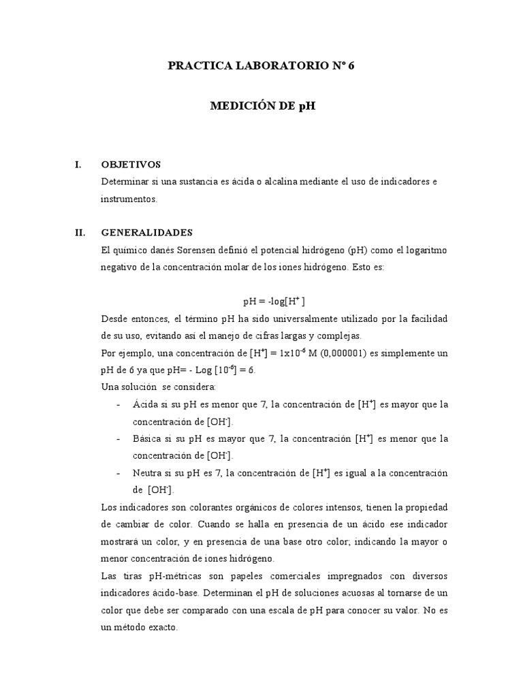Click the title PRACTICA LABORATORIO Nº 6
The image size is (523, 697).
pyautogui.click(x=261, y=66)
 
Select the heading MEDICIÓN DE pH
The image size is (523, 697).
pyautogui.click(x=263, y=106)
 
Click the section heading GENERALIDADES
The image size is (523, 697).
pyautogui.click(x=146, y=232)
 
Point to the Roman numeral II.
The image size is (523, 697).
pyautogui.click(x=79, y=232)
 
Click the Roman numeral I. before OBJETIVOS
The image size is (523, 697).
pyautogui.click(x=78, y=165)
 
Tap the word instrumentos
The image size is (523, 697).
pyautogui.click(x=128, y=199)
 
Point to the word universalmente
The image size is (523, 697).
pyautogui.click(x=290, y=319)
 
